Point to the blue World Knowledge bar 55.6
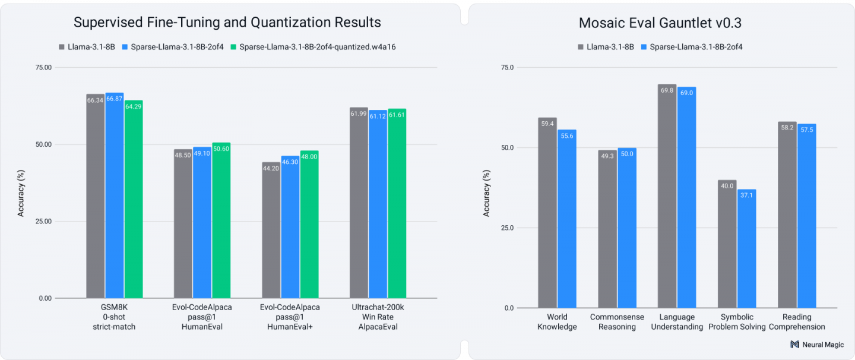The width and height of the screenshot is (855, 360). (x=567, y=219)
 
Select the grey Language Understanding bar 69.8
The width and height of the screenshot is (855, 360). (x=667, y=197)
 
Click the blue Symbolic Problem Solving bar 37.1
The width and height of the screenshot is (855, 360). (x=746, y=249)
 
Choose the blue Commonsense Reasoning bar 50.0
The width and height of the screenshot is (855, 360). (x=627, y=228)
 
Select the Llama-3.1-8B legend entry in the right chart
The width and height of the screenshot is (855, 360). (x=606, y=47)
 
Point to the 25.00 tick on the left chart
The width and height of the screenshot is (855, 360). (x=44, y=222)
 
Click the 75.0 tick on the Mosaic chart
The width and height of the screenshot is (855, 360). (x=508, y=68)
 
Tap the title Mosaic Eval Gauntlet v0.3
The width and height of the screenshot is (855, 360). (x=660, y=23)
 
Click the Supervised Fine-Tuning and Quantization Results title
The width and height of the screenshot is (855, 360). (x=227, y=23)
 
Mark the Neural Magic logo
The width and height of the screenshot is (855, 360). (x=817, y=345)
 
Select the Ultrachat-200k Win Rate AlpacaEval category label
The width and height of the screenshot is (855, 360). (x=378, y=317)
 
